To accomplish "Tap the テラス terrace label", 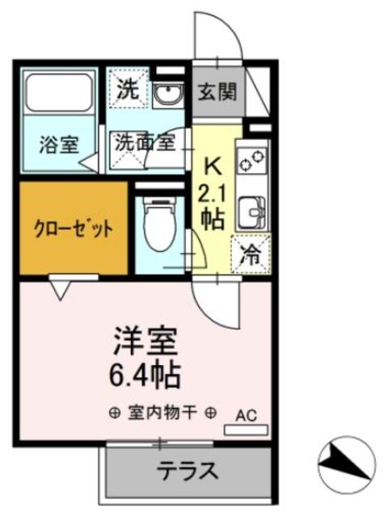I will (x=187, y=469).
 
